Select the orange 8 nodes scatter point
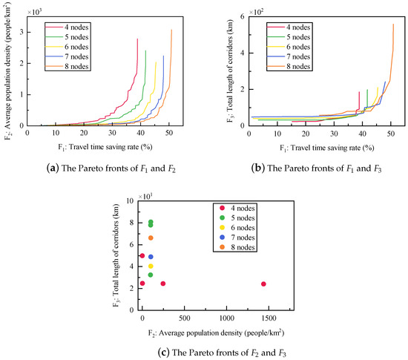point(151,238)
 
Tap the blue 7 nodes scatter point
point(151,257)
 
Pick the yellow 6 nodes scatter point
point(151,266)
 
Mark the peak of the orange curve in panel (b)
point(393,24)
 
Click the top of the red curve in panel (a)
point(138,39)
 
